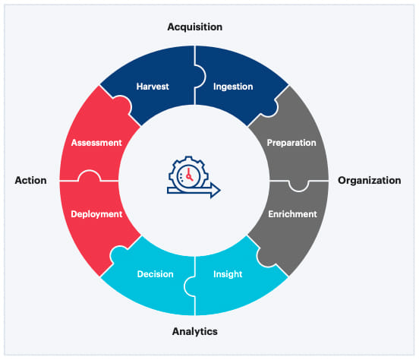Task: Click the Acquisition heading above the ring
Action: pos(195,27)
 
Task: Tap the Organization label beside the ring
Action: pos(369,181)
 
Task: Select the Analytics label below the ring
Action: pos(195,332)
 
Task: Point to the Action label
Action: pos(30,181)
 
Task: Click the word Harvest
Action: pos(153,86)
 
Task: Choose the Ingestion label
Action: pos(233,86)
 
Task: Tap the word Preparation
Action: pos(291,142)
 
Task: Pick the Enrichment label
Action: pos(292,214)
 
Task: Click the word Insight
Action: pos(228,274)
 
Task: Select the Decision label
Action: pos(156,274)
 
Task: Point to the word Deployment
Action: pos(96,214)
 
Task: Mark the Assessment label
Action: pos(97,142)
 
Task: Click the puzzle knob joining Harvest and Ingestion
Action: pos(202,75)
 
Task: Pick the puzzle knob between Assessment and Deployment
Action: pos(90,176)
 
